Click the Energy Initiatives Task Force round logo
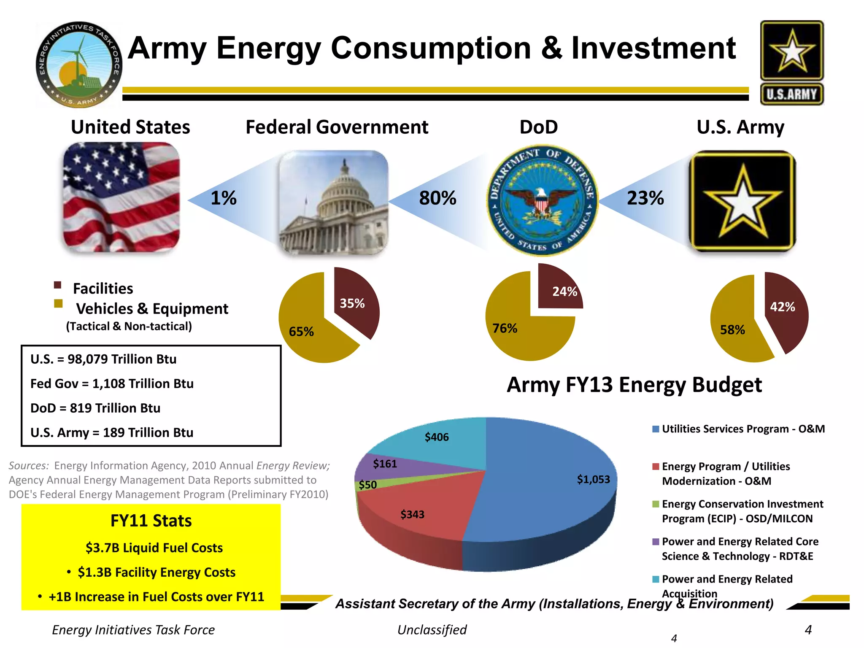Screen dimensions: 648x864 [x=79, y=65]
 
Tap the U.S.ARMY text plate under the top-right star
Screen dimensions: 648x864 [x=791, y=94]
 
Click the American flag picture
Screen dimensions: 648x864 [x=121, y=197]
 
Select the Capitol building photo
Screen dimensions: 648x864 [x=333, y=202]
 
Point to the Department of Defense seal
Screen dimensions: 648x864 [x=543, y=201]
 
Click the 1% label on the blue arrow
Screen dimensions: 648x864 [x=224, y=198]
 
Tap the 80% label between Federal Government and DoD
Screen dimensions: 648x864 [x=437, y=198]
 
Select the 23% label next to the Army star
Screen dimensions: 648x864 [x=645, y=198]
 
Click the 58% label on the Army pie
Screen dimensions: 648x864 [x=732, y=330]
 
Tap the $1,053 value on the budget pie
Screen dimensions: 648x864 [x=593, y=479]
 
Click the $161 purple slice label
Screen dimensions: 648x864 [x=385, y=464]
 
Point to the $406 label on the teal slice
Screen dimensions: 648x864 [x=437, y=437]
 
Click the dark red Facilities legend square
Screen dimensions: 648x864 [x=58, y=285]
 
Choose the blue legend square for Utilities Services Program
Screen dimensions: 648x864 [x=656, y=429]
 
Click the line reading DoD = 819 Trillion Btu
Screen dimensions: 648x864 [x=95, y=408]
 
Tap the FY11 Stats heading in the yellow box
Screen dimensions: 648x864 [x=151, y=521]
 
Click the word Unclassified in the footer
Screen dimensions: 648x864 [x=432, y=629]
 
